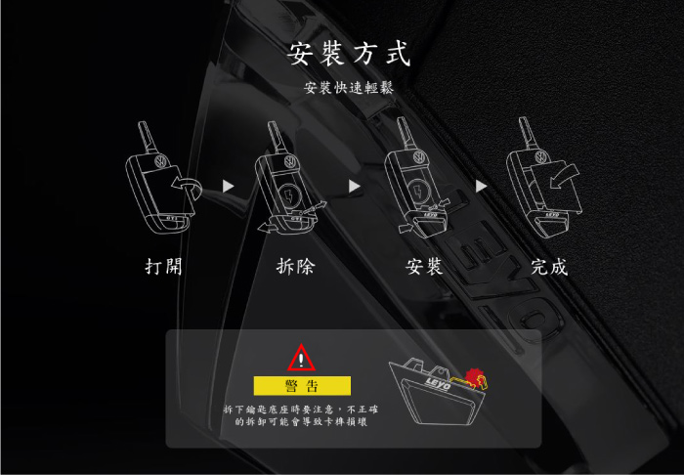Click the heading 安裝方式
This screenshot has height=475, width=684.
tap(349, 54)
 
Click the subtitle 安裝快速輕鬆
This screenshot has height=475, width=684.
tap(349, 88)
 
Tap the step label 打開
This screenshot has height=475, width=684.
tap(163, 267)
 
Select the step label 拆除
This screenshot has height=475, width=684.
tap(296, 267)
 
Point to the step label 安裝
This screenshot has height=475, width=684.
tap(424, 267)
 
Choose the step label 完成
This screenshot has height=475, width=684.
tap(549, 267)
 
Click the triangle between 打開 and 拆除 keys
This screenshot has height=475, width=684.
tap(228, 187)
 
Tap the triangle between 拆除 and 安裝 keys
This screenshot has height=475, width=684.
tap(354, 187)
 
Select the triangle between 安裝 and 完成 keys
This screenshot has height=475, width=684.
tap(481, 187)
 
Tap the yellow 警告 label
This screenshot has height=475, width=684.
tap(302, 386)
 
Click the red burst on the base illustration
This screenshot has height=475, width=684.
tap(474, 377)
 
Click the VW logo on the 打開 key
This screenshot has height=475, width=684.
tap(160, 161)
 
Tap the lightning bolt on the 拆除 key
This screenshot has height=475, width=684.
tap(288, 194)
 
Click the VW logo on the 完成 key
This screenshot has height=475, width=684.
tap(541, 156)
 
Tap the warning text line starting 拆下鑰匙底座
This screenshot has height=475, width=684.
tap(301, 410)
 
